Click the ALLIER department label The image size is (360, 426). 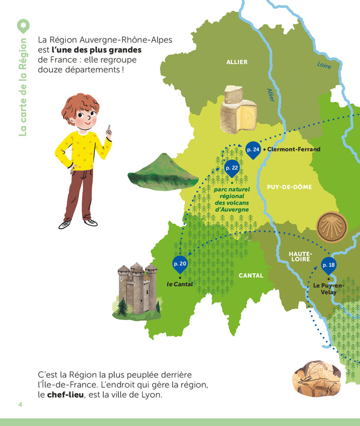point(237,62)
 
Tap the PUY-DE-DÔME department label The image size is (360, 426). point(289,187)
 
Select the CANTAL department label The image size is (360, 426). point(250,275)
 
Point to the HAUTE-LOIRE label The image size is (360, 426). point(300,256)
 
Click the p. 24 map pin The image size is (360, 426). point(253,150)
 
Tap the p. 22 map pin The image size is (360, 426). point(232,168)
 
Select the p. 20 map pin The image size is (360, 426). point(180,264)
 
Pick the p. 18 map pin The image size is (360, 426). point(328,265)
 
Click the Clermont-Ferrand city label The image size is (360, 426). point(293,150)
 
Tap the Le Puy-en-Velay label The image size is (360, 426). point(329,289)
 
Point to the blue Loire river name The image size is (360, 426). point(324,65)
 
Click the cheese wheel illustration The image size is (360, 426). point(239,109)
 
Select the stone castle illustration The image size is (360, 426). point(137,289)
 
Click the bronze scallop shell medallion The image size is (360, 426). point(331,227)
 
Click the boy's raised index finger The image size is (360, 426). point(108,128)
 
